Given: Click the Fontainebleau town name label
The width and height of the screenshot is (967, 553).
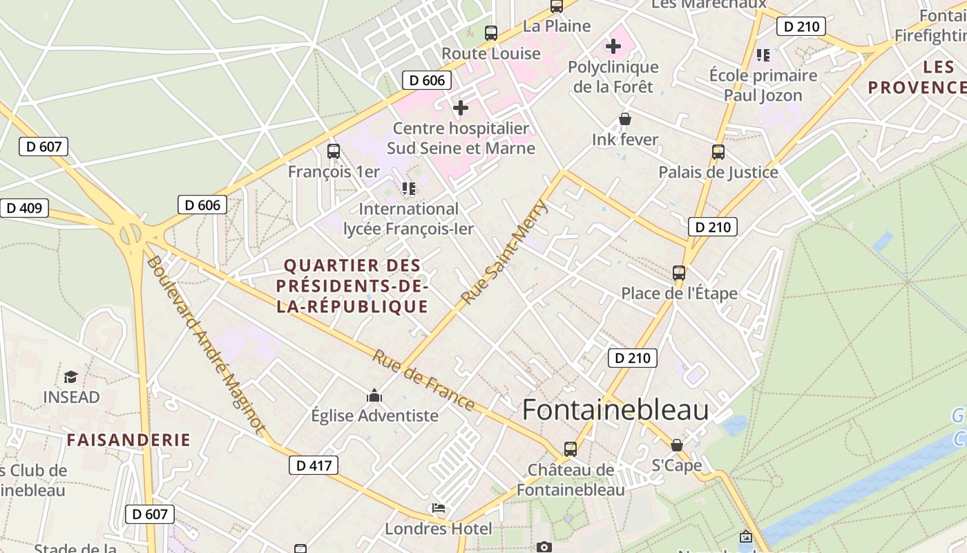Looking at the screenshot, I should coord(615,410).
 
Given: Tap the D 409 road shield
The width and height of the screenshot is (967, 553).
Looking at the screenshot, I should coord(25,208).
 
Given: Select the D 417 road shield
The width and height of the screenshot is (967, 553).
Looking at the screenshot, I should coord(314,465).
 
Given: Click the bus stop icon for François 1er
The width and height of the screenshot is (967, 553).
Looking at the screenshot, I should coord(334,151).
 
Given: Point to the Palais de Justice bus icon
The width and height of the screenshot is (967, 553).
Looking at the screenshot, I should coord(718,152).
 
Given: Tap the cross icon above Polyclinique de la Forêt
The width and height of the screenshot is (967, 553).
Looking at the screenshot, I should coord(613,47).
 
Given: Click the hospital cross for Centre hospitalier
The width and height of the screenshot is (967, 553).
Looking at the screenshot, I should coord(461,108).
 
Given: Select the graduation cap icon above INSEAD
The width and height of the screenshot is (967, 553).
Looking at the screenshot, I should coord(71,377).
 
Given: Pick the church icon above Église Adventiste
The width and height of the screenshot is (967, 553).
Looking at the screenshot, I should coord(374,395).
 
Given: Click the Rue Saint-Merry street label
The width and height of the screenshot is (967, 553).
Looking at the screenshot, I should coord(504,254).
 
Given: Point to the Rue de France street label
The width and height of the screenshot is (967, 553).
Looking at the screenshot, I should coord(423,380).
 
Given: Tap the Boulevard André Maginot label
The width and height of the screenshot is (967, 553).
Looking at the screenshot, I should coord(205,346).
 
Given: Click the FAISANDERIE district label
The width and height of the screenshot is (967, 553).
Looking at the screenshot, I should coord(128,440).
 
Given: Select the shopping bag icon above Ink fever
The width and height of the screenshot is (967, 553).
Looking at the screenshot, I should coord(625,120).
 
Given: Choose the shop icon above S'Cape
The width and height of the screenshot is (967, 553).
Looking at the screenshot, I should coord(677,445).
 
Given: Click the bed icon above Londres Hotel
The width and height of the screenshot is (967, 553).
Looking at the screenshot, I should coord(439,509).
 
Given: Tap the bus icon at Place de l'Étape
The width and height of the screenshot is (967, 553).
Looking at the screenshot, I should coord(679,273).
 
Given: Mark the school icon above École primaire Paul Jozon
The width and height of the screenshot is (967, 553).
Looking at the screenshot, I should coord(763,55).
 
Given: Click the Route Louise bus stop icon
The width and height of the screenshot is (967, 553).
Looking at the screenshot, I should coord(491,33).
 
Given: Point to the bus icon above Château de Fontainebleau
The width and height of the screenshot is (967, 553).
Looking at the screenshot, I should coord(571,449).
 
